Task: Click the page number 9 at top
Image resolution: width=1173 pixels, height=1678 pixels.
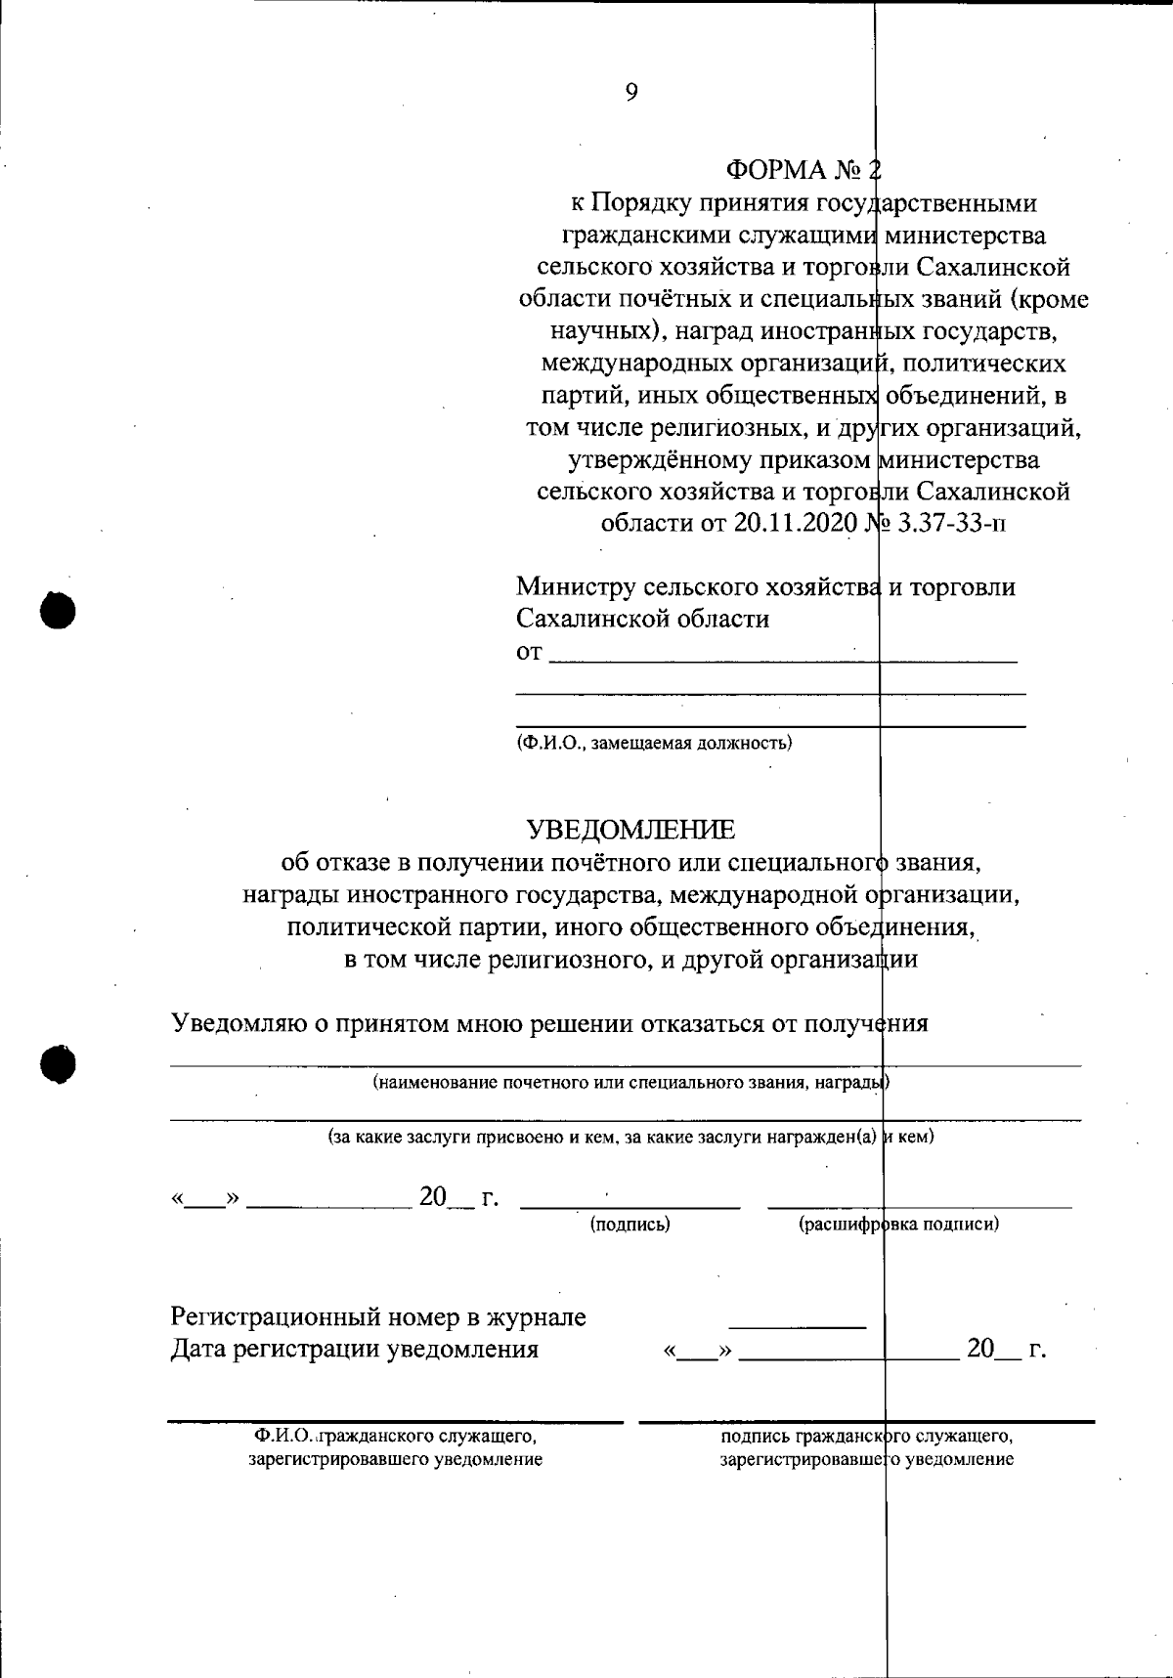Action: (630, 92)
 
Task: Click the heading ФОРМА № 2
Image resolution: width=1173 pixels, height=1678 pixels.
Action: (803, 170)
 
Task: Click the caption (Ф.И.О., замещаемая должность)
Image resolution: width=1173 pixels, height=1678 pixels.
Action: (654, 743)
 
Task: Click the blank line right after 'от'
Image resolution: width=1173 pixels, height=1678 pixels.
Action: (782, 661)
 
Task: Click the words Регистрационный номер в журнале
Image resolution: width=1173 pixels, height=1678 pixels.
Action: (378, 1317)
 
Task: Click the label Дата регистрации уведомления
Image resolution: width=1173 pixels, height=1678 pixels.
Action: (354, 1350)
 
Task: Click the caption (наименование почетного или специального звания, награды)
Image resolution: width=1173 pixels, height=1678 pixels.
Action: (630, 1083)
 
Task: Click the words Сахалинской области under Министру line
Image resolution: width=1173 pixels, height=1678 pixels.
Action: (642, 619)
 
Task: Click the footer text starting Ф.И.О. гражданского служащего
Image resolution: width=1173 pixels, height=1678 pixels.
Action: (395, 1447)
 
